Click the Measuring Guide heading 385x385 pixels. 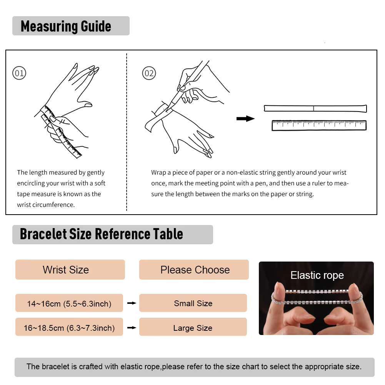pos(66,26)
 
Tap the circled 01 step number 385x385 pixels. pos(19,73)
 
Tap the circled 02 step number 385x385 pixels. pos(149,73)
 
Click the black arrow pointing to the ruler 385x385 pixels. pos(245,119)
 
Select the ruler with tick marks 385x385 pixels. pos(319,125)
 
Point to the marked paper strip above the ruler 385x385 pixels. pos(315,108)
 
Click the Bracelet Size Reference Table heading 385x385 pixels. pos(102,234)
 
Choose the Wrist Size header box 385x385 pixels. pos(70,270)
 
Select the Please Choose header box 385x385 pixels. pos(194,270)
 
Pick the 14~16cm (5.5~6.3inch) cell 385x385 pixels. pos(69,303)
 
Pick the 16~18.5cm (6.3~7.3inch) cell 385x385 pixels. pos(69,327)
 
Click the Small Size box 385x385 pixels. pos(193,303)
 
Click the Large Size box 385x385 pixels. pos(193,327)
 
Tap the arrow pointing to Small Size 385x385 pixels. pos(132,303)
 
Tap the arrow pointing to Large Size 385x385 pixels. pos(132,328)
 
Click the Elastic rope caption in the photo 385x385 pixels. pos(317,275)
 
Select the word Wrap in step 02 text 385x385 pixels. pos(158,173)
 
